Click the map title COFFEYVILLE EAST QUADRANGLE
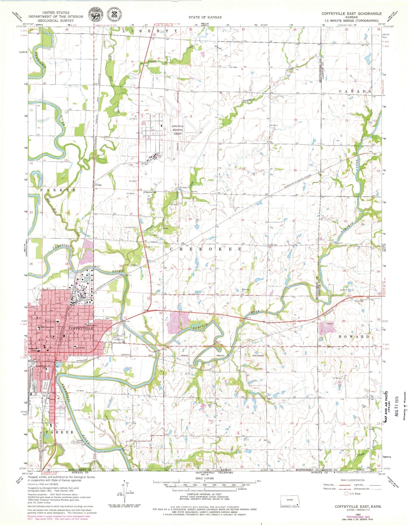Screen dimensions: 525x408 coord(351,14)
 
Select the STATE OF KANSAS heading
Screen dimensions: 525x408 coord(205,17)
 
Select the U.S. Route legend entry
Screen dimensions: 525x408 coord(355,494)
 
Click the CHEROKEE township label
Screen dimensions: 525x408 coord(206,249)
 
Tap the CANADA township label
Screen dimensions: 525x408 coord(355,92)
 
